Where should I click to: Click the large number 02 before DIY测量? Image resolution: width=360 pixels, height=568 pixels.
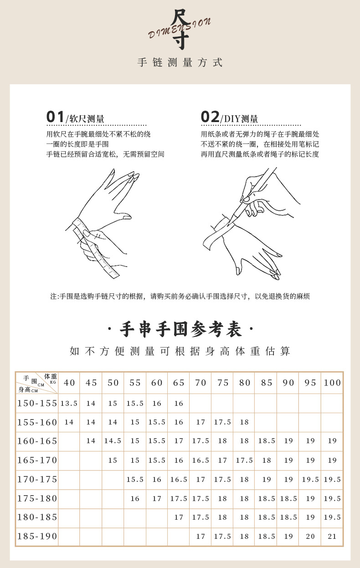pyautogui.click(x=210, y=117)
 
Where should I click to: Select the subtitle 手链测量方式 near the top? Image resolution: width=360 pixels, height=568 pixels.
pyautogui.click(x=180, y=63)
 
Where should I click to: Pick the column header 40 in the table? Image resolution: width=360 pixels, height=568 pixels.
pyautogui.click(x=69, y=383)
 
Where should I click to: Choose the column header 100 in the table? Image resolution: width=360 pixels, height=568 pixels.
pyautogui.click(x=332, y=383)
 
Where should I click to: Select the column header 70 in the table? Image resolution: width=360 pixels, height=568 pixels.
pyautogui.click(x=201, y=383)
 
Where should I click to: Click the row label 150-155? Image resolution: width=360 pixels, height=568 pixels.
pyautogui.click(x=37, y=403)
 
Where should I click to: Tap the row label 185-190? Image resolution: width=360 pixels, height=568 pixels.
pyautogui.click(x=37, y=537)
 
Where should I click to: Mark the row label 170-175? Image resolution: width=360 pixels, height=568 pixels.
pyautogui.click(x=37, y=479)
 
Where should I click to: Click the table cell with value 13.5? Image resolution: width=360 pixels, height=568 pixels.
pyautogui.click(x=69, y=404)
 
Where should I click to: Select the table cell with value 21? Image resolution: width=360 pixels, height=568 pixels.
pyautogui.click(x=332, y=537)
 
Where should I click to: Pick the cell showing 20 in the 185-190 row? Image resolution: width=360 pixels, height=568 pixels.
pyautogui.click(x=310, y=537)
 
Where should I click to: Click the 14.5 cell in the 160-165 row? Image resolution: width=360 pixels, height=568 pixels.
pyautogui.click(x=113, y=441)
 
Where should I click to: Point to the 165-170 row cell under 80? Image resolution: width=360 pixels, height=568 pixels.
pyautogui.click(x=244, y=461)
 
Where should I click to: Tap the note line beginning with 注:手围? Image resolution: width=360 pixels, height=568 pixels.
pyautogui.click(x=180, y=297)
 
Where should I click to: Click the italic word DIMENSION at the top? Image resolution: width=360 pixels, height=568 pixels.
pyautogui.click(x=180, y=28)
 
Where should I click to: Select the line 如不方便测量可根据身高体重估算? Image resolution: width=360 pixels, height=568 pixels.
pyautogui.click(x=180, y=351)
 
